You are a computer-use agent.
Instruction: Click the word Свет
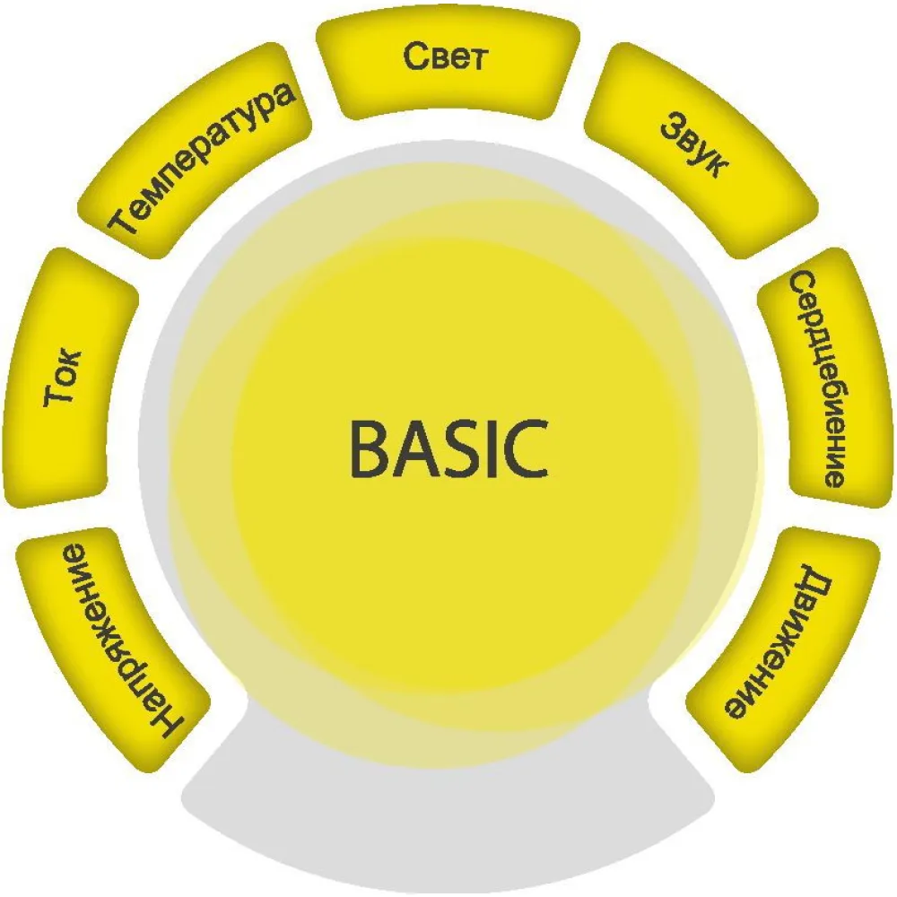[446, 57]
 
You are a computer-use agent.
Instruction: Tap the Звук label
[694, 144]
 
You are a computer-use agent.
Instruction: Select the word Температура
[202, 159]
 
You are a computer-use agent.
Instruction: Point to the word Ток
[63, 377]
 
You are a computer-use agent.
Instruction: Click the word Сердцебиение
[819, 379]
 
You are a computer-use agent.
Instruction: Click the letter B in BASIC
[371, 448]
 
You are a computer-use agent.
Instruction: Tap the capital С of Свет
[416, 56]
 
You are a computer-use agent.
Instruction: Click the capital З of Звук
[674, 124]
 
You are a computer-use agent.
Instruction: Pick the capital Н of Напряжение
[167, 722]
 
